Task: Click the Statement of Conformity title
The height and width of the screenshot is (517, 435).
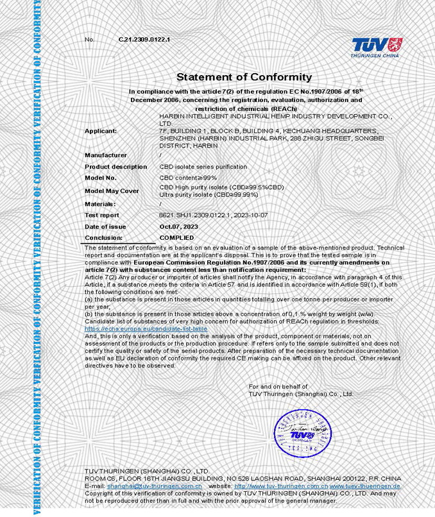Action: (x=235, y=77)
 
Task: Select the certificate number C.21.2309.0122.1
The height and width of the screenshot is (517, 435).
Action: (x=144, y=40)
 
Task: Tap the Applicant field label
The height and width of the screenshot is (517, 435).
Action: (x=101, y=131)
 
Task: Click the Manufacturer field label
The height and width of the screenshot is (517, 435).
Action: (x=106, y=155)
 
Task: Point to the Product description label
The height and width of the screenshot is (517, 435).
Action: (x=115, y=167)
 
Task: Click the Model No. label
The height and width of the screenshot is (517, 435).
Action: (x=101, y=178)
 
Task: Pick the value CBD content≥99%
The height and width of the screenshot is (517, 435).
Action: (x=188, y=178)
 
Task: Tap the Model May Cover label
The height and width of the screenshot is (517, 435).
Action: (x=112, y=191)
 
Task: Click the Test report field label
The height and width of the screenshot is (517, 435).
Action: (x=102, y=216)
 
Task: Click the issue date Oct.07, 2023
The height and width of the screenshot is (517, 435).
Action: (x=179, y=227)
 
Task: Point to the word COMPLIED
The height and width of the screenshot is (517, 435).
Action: (x=176, y=238)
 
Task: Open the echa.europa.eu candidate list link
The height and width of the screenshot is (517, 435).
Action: (x=146, y=328)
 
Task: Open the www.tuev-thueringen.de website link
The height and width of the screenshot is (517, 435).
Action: (x=365, y=487)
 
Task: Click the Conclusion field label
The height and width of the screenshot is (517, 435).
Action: (x=103, y=238)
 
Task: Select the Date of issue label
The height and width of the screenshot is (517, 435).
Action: (x=105, y=227)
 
